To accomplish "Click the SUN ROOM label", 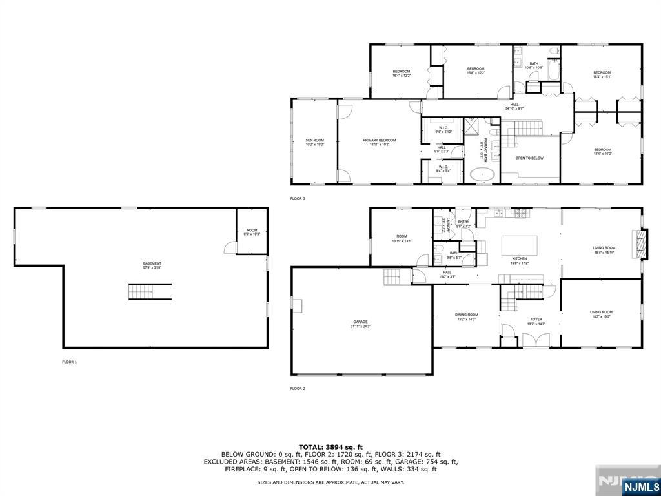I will coord(314,142).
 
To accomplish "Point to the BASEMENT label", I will coord(152,265).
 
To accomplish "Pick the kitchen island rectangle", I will coord(520,245).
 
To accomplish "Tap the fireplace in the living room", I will coord(640,243).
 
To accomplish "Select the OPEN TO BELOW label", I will coord(529,158).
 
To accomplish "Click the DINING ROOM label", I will coord(466,316).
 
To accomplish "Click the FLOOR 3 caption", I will coord(298,198).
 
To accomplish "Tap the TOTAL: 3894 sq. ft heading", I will coord(330,447).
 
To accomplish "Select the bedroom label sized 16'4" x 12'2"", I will coord(401,73).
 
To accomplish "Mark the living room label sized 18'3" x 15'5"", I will coord(600,315).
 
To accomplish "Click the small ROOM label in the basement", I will coord(252,232).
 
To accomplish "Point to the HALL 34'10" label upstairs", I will coord(514,107).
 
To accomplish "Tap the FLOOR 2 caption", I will coord(298,389).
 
